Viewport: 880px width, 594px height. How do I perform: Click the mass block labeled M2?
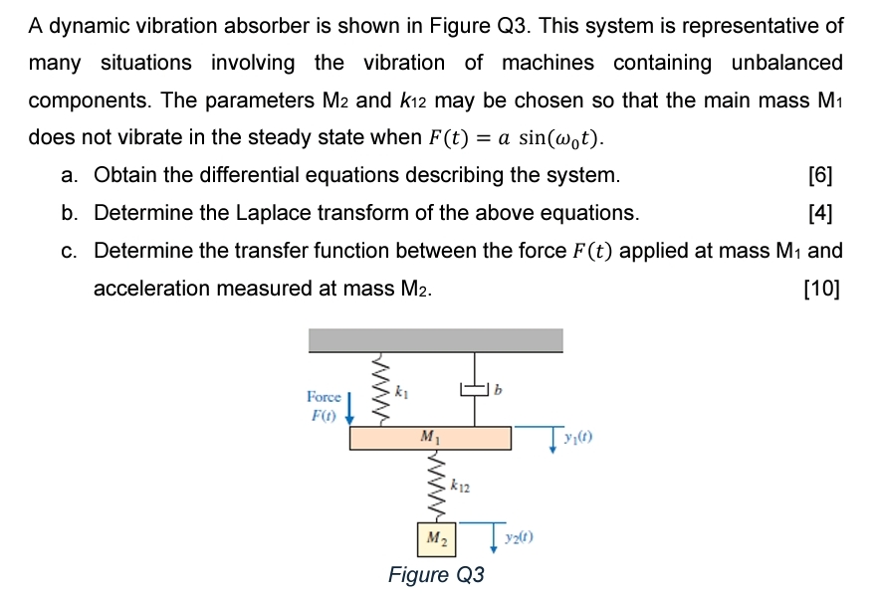[x=436, y=538]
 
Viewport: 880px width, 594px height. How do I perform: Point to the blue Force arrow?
[x=349, y=407]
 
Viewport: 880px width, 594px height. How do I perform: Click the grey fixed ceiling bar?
[x=436, y=340]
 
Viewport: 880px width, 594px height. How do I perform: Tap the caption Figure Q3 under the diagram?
[x=436, y=575]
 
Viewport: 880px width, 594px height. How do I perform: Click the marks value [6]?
[x=821, y=176]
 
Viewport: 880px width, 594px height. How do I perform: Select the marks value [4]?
[x=821, y=213]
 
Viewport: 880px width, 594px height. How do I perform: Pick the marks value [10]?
[x=820, y=289]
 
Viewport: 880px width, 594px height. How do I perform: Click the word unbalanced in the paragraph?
[x=786, y=63]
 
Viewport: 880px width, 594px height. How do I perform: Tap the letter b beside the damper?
[x=500, y=390]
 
